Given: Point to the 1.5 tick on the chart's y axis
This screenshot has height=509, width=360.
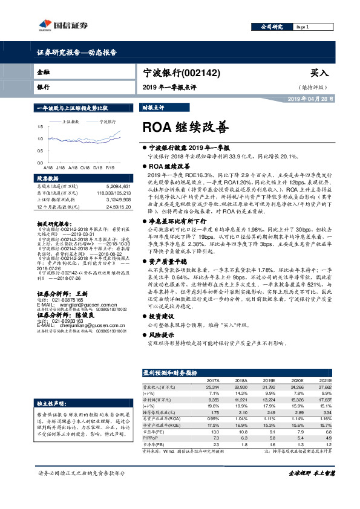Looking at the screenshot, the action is (39, 126).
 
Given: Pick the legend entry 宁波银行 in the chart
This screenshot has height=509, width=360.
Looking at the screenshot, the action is (108, 122).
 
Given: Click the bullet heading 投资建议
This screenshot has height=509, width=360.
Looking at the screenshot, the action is (160, 316).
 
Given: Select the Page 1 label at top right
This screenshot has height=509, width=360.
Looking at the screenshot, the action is (303, 27).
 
